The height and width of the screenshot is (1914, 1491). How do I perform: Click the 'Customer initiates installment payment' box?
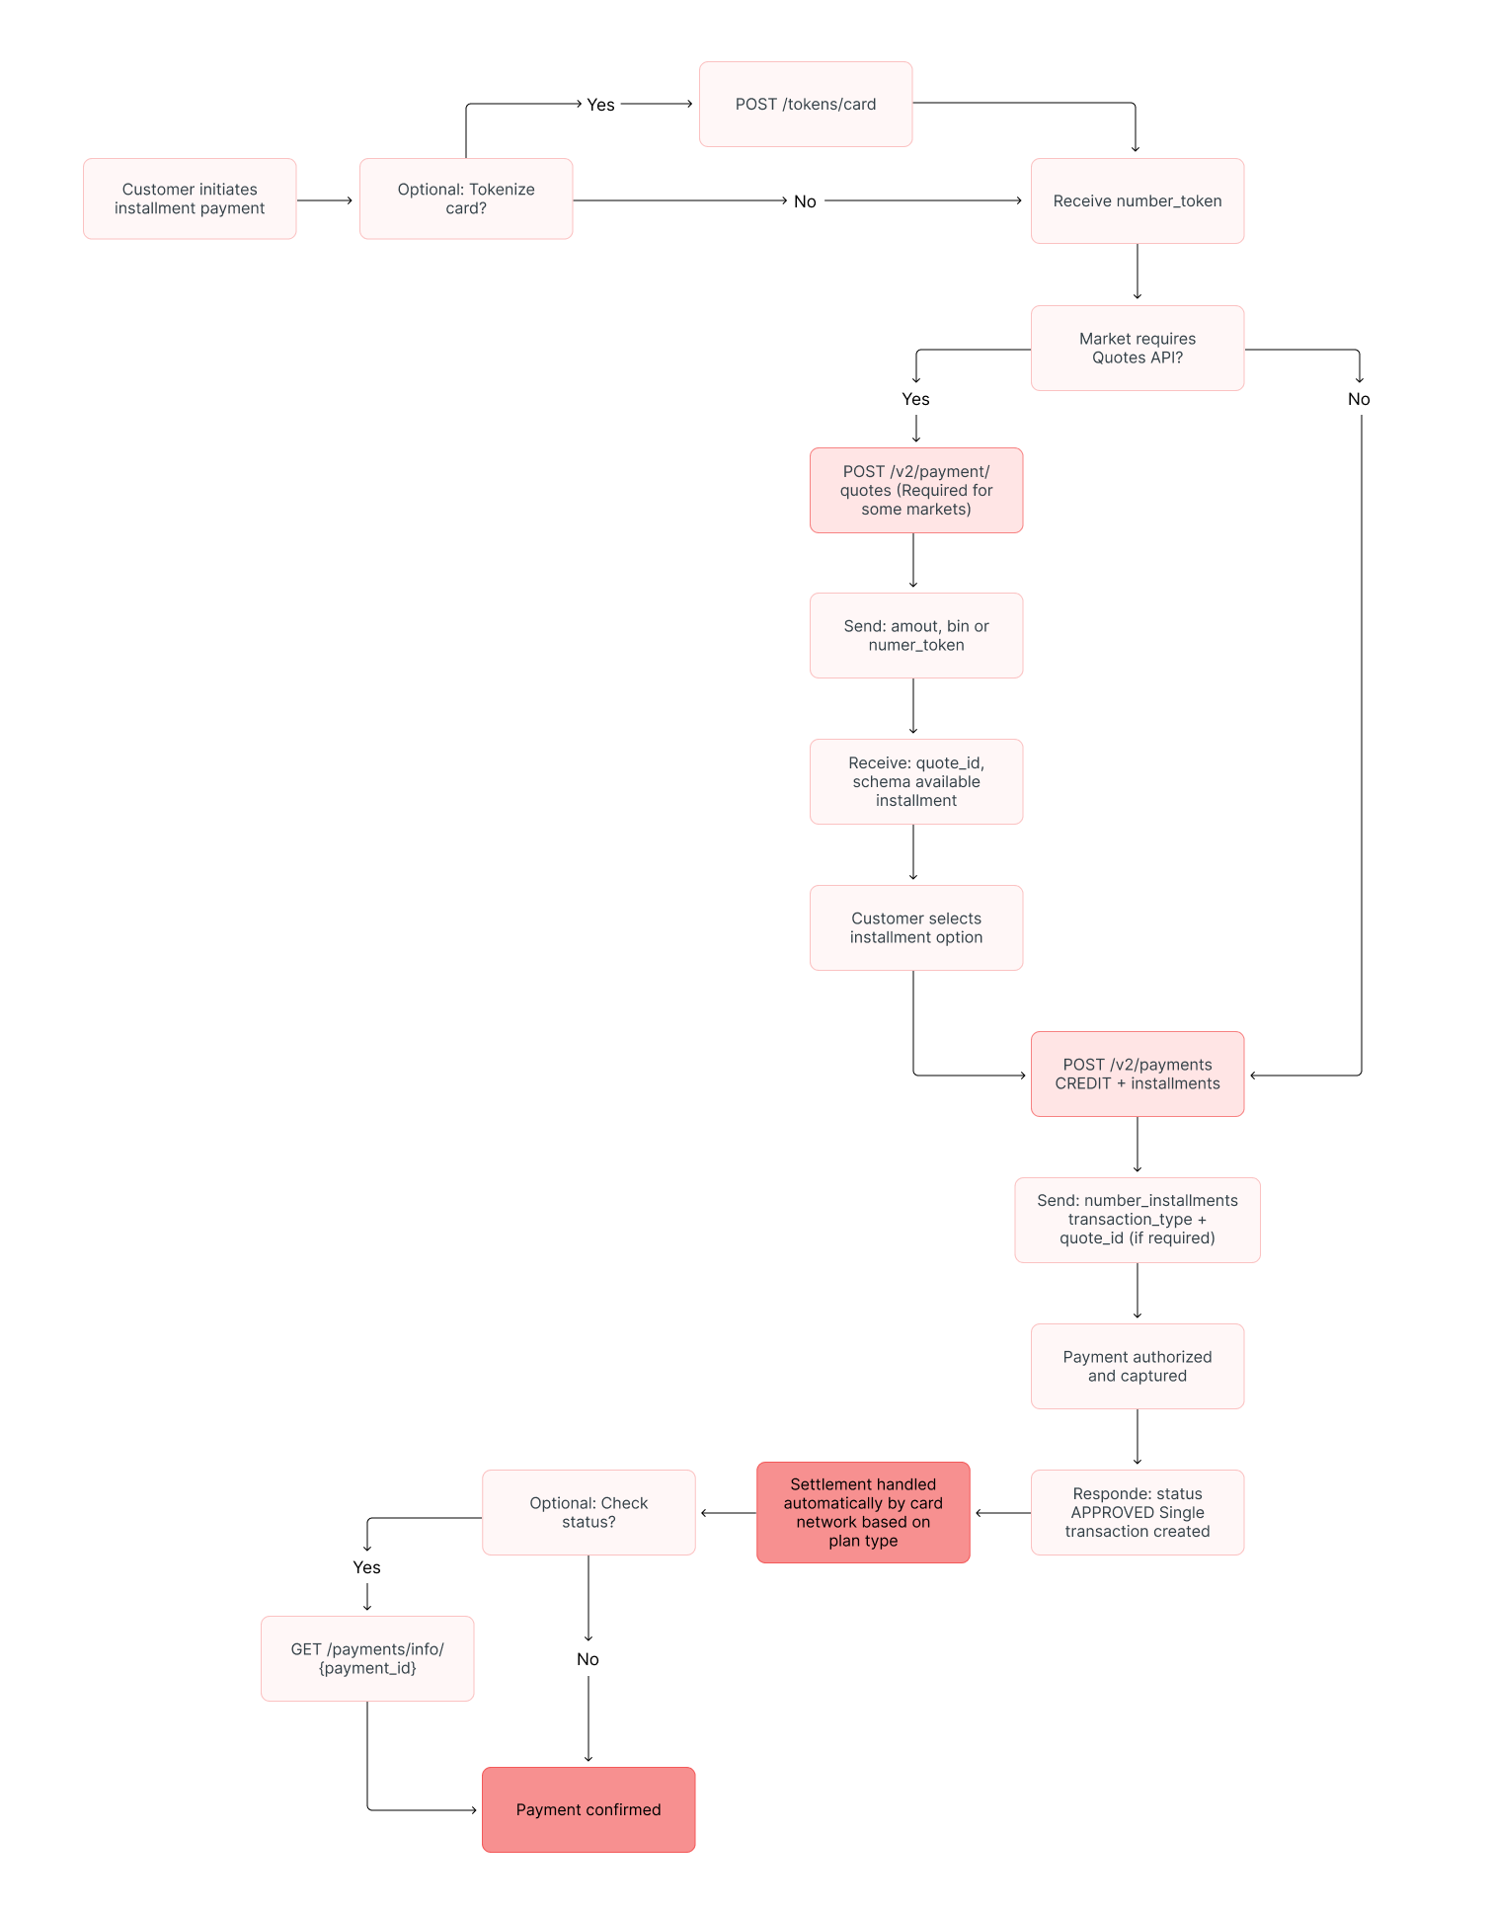coord(190,199)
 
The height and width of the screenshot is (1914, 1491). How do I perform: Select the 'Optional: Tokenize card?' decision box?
coord(466,199)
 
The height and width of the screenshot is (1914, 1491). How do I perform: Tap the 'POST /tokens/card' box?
coord(806,104)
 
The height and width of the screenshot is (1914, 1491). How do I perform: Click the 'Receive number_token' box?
coord(1138,200)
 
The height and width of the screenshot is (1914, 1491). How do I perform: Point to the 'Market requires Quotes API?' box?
coord(1138,348)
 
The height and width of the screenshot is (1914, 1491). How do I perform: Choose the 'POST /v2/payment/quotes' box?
coord(916,490)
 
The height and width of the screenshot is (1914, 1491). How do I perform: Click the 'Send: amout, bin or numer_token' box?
coord(916,635)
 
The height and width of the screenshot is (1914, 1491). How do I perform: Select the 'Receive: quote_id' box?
coord(916,781)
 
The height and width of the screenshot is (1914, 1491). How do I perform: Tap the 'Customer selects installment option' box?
coord(916,927)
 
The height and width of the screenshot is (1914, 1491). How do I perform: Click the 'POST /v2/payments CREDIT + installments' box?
coord(1138,1074)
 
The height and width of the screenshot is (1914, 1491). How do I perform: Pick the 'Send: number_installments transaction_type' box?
coord(1138,1220)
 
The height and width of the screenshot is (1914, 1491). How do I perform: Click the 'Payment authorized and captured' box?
coord(1138,1366)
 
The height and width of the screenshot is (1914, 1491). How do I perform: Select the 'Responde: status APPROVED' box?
coord(1138,1512)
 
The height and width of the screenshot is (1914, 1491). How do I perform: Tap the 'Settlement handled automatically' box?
coord(863,1512)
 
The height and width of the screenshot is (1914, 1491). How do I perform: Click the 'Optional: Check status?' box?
coord(589,1512)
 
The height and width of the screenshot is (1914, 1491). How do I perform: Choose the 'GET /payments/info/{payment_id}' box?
coord(367,1658)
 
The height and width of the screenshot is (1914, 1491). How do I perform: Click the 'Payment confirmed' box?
coord(589,1809)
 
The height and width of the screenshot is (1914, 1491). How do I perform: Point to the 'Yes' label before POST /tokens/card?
coord(600,105)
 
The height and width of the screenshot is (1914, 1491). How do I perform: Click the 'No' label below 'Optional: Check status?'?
coord(588,1659)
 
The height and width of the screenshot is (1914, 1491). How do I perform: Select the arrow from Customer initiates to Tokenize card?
coord(325,200)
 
